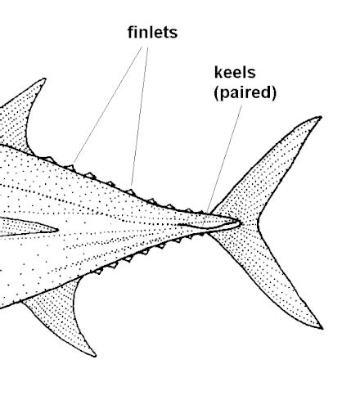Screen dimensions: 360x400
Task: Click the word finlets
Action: pos(152,32)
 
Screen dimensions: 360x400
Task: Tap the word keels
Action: pos(235,73)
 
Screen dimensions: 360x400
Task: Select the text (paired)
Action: pos(245,92)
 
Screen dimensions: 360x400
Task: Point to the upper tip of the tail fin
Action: pos(322,117)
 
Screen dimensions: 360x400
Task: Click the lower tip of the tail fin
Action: pos(322,328)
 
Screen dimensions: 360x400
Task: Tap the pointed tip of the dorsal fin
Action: pos(44,79)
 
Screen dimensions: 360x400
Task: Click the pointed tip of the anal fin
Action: pos(95,356)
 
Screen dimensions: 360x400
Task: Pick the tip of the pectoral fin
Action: pos(57,230)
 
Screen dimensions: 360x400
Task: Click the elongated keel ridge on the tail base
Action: pos(209,225)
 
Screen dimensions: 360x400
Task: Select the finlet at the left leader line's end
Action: pos(70,167)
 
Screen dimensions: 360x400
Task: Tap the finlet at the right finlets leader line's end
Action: pos(130,192)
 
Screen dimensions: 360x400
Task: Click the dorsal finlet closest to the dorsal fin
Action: pos(48,160)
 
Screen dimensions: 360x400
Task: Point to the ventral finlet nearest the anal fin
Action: pos(98,271)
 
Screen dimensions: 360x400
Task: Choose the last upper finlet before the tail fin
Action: pos(201,212)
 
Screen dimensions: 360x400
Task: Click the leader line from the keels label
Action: pos(224,160)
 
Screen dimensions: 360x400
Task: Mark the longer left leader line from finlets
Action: pos(108,105)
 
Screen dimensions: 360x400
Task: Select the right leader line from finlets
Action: pos(140,117)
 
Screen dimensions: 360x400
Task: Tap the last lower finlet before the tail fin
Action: pos(201,234)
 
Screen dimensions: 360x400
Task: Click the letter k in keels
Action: pos(218,73)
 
